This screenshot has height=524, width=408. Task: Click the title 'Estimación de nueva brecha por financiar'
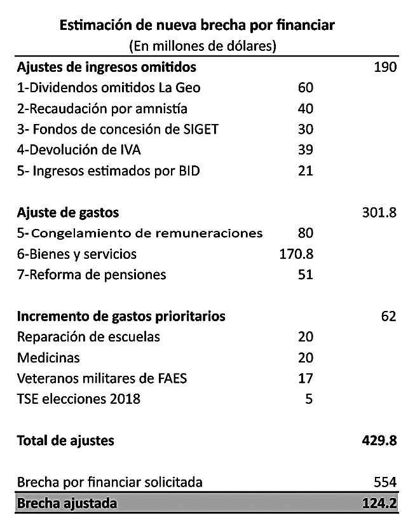point(197,25)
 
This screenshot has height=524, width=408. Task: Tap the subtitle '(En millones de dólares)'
point(203,46)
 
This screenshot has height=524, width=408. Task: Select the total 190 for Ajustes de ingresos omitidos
point(385,67)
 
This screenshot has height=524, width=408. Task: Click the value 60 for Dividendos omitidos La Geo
point(306,88)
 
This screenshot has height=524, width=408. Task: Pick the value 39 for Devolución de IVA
point(306,149)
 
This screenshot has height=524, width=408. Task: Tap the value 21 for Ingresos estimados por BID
point(306,171)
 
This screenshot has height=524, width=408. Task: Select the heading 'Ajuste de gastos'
point(68,213)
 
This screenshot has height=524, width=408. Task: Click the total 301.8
point(379,212)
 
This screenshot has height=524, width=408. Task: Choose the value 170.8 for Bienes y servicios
point(297,254)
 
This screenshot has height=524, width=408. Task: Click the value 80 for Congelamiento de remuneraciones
point(306,233)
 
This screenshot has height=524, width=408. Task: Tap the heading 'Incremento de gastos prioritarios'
point(121,317)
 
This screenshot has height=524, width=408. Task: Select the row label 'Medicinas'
point(48,358)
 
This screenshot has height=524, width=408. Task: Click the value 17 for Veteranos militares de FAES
point(306,378)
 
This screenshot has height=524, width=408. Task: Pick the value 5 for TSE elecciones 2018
point(309,399)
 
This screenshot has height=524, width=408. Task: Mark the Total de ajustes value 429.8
point(379,441)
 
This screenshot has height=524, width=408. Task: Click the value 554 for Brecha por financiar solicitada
point(385,482)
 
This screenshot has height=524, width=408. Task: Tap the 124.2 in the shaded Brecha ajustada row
point(379,503)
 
